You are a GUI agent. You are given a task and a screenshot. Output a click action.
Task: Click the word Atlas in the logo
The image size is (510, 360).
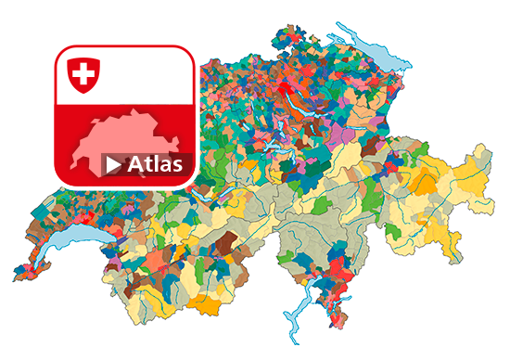pyautogui.click(x=155, y=165)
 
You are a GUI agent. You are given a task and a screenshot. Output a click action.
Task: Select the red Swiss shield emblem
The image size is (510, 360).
pyautogui.click(x=84, y=74)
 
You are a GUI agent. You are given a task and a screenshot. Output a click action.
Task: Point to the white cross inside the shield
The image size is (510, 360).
pyautogui.click(x=84, y=72)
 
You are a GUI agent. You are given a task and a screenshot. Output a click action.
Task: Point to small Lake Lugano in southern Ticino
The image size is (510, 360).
pyautogui.click(x=326, y=295)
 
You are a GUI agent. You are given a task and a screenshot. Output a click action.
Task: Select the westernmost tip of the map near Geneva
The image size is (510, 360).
pyautogui.click(x=15, y=275)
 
